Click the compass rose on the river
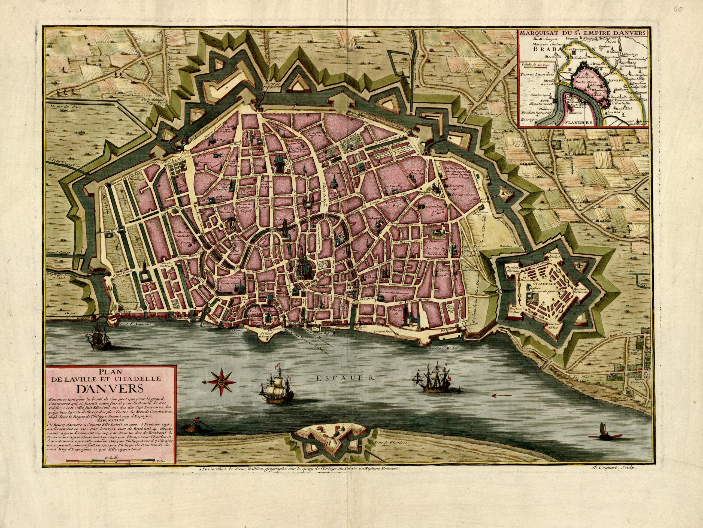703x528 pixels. (x=222, y=390)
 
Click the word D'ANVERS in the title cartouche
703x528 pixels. (x=109, y=390)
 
